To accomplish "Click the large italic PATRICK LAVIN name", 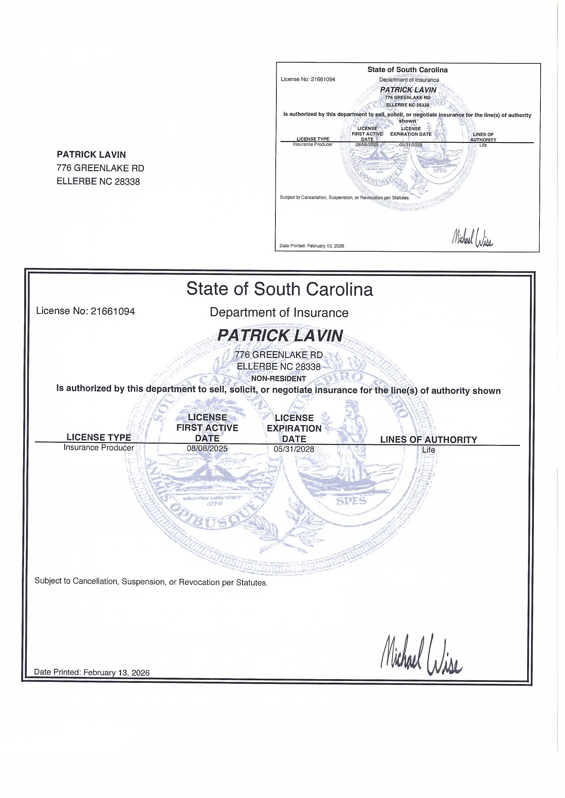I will [x=280, y=336].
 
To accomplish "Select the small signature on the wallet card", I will [x=472, y=238].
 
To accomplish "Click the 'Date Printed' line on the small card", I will [x=312, y=246].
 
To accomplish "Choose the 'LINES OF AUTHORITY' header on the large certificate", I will [x=428, y=440].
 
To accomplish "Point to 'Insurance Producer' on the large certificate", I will [x=99, y=447].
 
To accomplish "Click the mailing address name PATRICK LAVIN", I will [x=91, y=154].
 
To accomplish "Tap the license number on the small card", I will [x=308, y=79].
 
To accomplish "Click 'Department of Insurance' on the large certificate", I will [x=279, y=312].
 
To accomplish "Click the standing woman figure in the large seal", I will [x=353, y=442].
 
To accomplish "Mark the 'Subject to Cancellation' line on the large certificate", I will [x=151, y=582].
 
